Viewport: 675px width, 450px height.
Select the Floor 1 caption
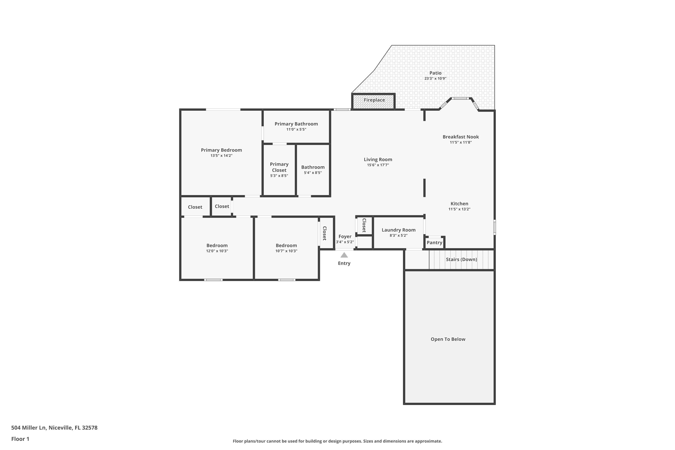coord(20,439)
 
